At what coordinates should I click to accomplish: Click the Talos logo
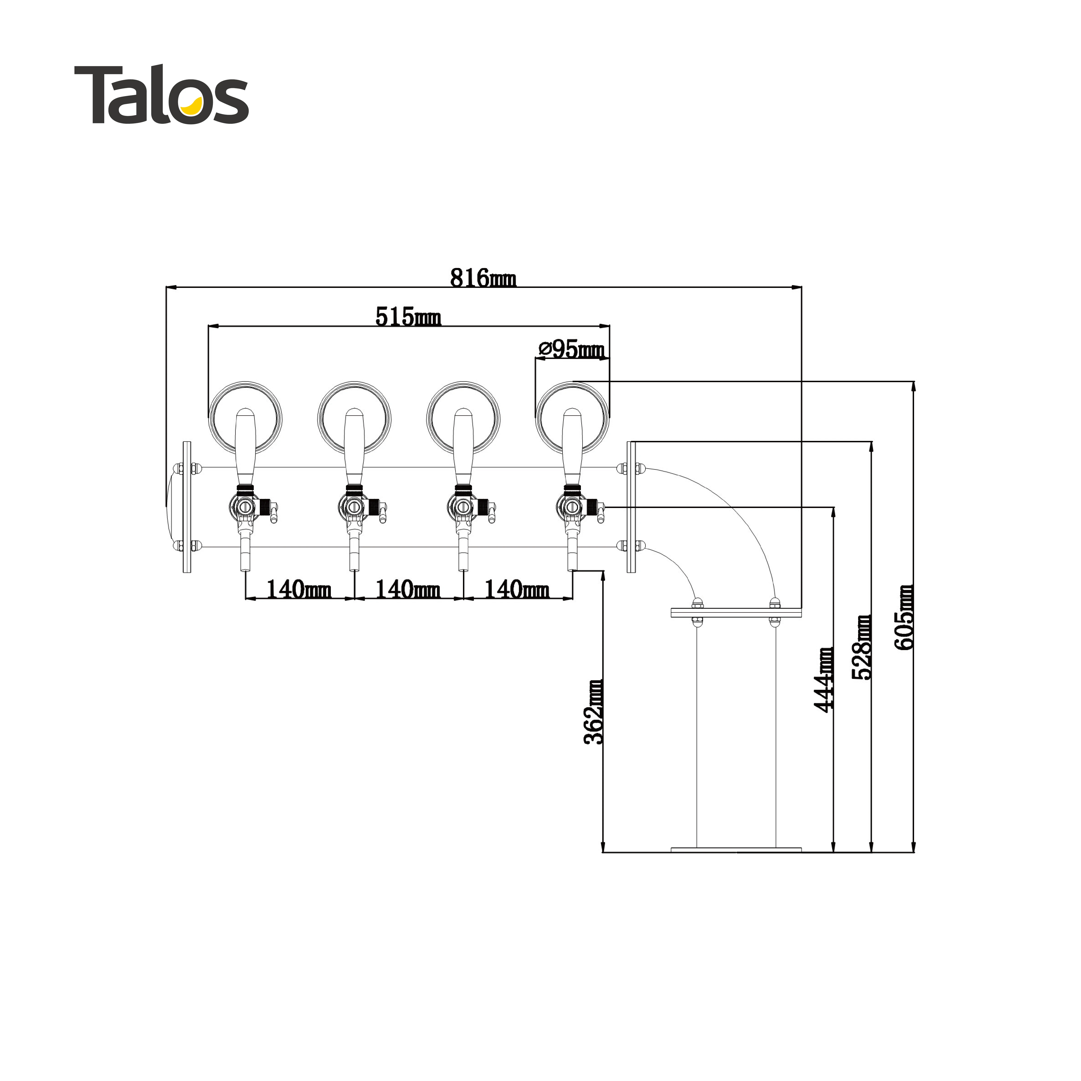[x=161, y=94]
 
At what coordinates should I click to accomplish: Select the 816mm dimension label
[x=483, y=278]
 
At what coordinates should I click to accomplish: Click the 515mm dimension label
[x=408, y=317]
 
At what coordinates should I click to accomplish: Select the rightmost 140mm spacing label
[x=516, y=589]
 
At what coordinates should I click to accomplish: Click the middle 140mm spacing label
[x=408, y=589]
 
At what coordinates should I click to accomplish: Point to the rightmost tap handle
[x=572, y=448]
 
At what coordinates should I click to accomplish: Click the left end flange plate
[x=187, y=507]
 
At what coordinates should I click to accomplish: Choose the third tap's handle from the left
[x=463, y=448]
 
